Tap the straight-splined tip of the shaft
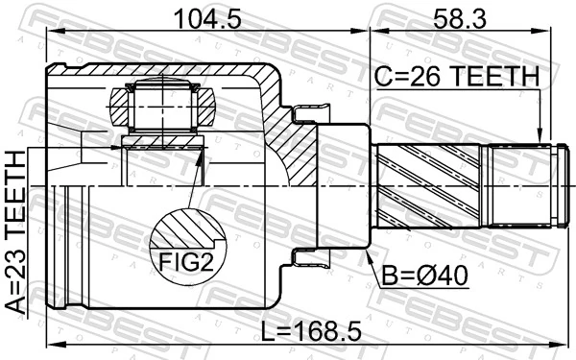523,183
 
